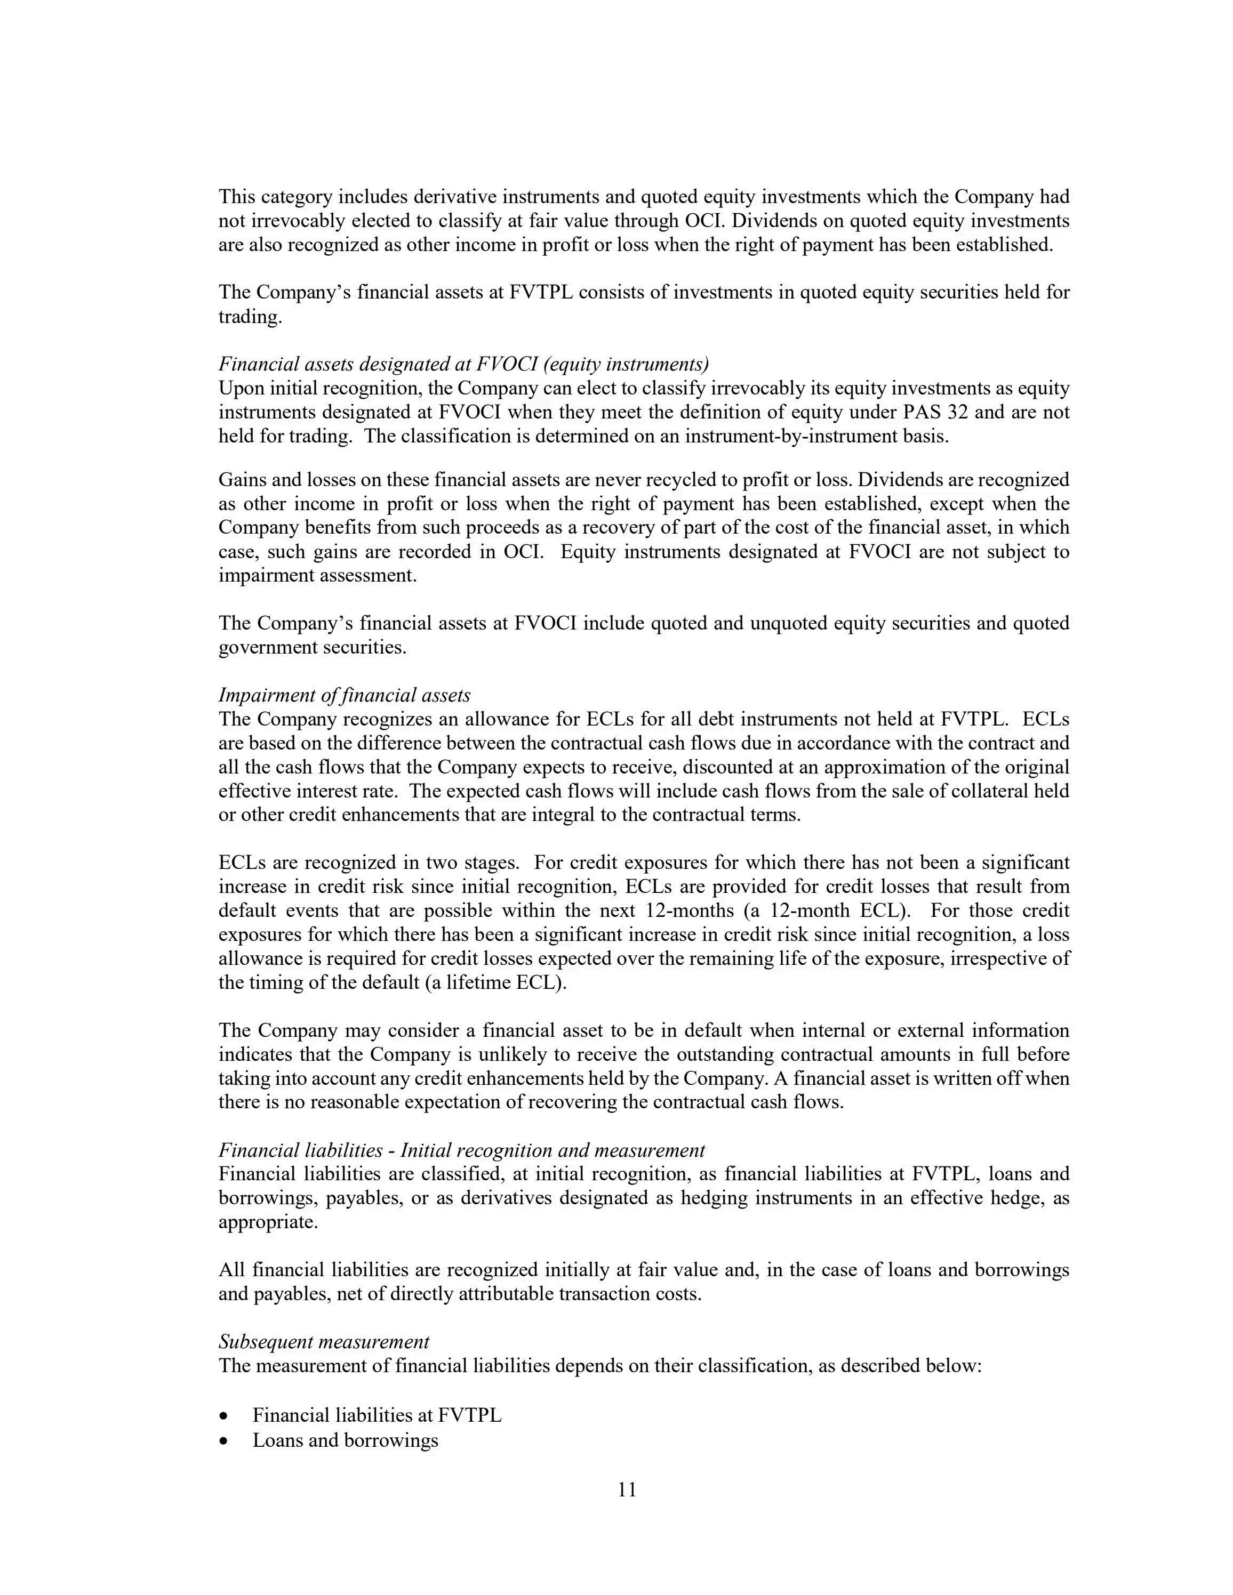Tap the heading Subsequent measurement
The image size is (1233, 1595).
pyautogui.click(x=324, y=1342)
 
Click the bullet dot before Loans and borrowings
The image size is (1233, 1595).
pyautogui.click(x=224, y=1441)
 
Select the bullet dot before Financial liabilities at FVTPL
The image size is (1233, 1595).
pyautogui.click(x=224, y=1416)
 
